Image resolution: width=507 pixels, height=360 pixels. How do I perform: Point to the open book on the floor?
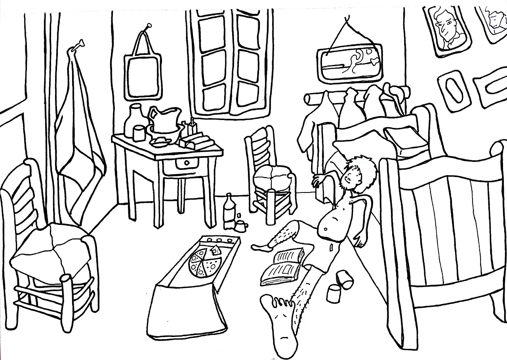click(282, 265)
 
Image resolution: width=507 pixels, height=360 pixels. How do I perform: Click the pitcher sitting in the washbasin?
click(164, 121)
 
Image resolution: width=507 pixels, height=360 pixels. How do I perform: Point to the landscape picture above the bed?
click(349, 63)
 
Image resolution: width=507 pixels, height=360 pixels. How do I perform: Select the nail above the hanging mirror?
click(148, 26)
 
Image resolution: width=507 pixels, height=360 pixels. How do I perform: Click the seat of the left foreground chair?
click(50, 253)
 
